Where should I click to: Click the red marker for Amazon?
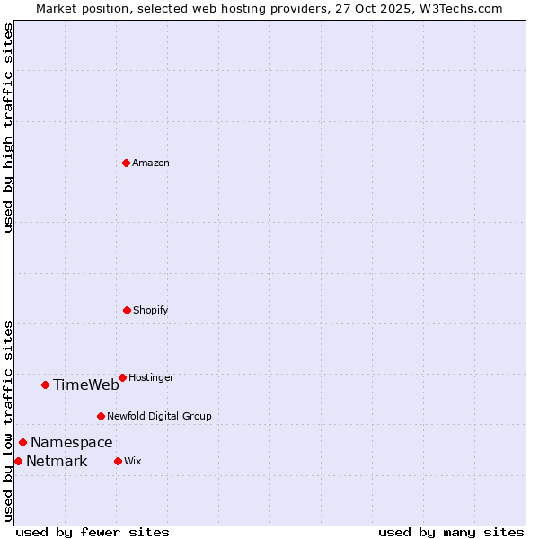point(126,163)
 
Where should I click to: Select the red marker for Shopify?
point(127,310)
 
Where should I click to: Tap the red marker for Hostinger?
point(122,377)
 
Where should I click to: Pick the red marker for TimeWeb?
point(45,384)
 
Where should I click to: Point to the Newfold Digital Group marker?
point(101,416)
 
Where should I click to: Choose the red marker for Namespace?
point(22,442)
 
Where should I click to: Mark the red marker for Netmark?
point(18,461)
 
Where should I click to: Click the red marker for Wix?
point(118,461)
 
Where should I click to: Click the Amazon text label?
point(150,163)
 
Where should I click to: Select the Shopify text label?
point(150,310)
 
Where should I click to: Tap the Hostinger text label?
point(151,377)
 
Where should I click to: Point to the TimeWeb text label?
point(85,384)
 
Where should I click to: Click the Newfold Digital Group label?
point(159,416)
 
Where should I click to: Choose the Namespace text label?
point(71,442)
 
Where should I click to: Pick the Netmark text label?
point(57,461)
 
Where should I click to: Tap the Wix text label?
point(132,461)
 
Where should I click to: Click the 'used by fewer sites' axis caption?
point(93,532)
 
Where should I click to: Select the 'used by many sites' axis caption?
point(451,532)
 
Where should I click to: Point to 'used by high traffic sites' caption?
point(8,128)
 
